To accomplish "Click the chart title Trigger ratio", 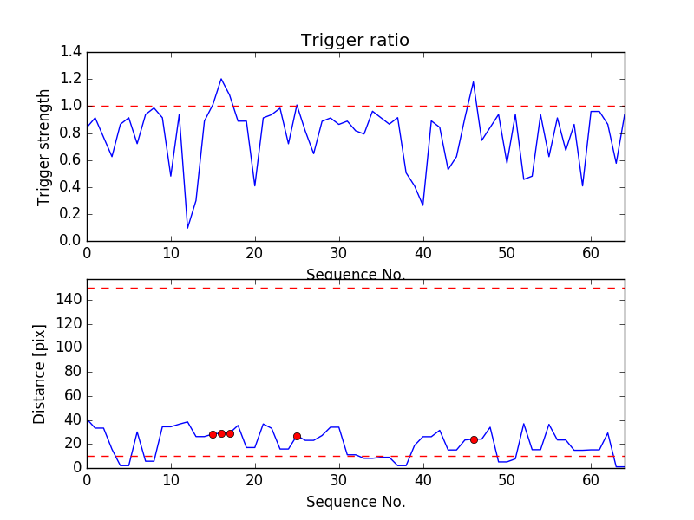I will pyautogui.click(x=355, y=40).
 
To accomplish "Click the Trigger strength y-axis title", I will pyautogui.click(x=44, y=146).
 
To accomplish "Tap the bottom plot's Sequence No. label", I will pyautogui.click(x=355, y=502).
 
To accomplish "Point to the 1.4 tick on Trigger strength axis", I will pyautogui.click(x=70, y=52).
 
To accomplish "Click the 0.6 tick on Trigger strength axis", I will pyautogui.click(x=70, y=159).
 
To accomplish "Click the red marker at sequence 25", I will pyautogui.click(x=297, y=436).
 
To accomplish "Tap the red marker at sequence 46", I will pyautogui.click(x=474, y=439).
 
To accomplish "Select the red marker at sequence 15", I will pyautogui.click(x=213, y=434).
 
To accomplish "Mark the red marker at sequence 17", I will pyautogui.click(x=230, y=433).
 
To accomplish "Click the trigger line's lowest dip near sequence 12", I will pyautogui.click(x=187, y=228).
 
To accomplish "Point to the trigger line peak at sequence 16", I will pyautogui.click(x=221, y=79).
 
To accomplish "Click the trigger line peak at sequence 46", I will pyautogui.click(x=474, y=82).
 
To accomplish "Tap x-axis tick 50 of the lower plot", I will pyautogui.click(x=507, y=479).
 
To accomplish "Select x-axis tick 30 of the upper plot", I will pyautogui.click(x=338, y=252).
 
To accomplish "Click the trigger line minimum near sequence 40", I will pyautogui.click(x=423, y=205).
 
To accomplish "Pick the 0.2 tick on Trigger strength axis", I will pyautogui.click(x=70, y=213).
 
